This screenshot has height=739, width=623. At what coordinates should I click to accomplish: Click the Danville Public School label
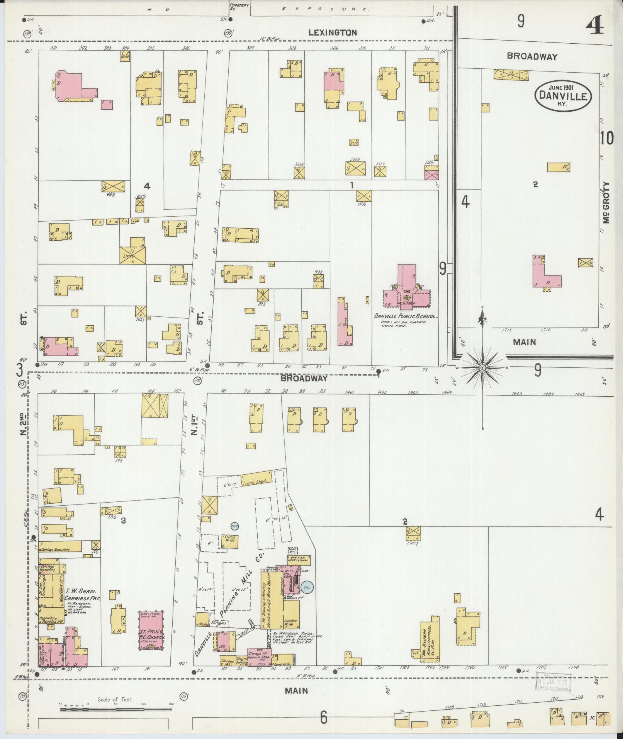[x=405, y=316]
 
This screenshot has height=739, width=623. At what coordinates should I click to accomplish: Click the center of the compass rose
[x=482, y=368]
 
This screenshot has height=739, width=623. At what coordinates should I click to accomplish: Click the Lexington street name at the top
[x=333, y=33]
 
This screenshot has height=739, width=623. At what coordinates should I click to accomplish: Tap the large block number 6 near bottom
[x=323, y=717]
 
